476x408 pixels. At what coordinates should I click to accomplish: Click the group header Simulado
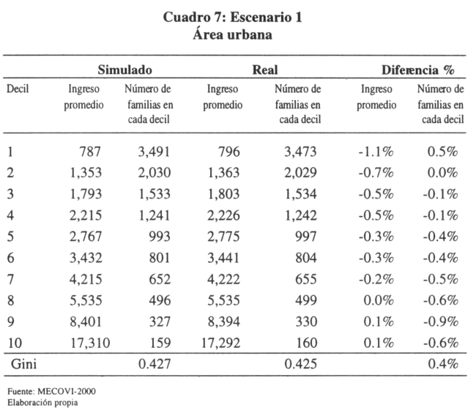click(124, 70)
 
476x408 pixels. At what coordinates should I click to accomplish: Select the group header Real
click(265, 70)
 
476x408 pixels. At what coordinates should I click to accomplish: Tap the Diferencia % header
click(418, 70)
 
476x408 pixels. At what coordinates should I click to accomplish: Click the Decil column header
click(18, 89)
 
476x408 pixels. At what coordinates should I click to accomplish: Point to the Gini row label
click(23, 363)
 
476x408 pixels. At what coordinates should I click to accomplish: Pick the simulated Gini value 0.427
click(155, 363)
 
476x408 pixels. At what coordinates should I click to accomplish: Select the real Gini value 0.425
click(300, 363)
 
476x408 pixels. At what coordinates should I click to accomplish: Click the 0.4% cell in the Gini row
click(442, 363)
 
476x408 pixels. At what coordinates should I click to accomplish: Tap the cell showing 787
click(90, 152)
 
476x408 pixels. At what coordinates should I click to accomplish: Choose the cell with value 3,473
click(300, 152)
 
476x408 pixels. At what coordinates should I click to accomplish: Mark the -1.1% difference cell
click(376, 152)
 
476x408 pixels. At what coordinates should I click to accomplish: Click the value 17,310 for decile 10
click(90, 343)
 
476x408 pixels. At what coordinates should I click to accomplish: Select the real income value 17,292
click(220, 343)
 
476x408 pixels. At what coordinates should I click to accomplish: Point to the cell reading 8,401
click(86, 322)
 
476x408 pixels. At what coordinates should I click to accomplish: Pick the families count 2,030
click(155, 173)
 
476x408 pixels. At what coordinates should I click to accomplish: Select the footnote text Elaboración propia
click(42, 403)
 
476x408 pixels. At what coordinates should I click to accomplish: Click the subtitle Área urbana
click(233, 34)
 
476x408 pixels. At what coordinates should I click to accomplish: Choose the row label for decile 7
click(10, 279)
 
